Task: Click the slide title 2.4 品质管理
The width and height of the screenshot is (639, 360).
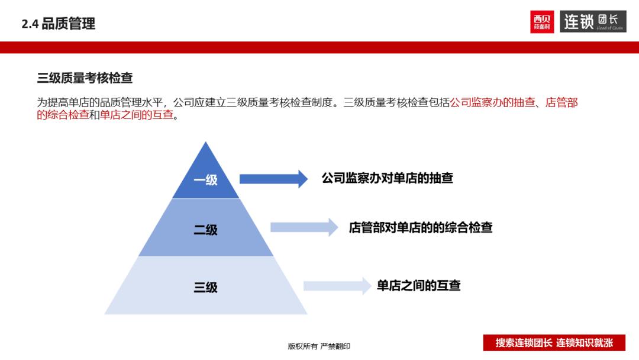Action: click(58, 24)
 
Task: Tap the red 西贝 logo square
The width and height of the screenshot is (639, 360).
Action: click(542, 22)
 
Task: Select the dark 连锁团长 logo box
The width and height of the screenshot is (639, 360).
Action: click(592, 22)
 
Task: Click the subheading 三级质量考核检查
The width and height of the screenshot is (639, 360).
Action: click(85, 78)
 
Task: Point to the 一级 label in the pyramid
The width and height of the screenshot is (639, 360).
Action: click(206, 180)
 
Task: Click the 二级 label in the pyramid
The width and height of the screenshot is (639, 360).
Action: click(206, 230)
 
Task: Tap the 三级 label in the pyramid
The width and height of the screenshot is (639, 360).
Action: click(206, 288)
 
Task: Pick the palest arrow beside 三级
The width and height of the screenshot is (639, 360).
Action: click(336, 286)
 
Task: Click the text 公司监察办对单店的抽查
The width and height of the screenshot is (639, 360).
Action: click(388, 178)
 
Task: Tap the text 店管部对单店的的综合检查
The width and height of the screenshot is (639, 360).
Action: click(421, 227)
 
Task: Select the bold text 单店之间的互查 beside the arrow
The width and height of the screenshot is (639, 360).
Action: click(418, 286)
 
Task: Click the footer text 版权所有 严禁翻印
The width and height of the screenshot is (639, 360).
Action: click(319, 346)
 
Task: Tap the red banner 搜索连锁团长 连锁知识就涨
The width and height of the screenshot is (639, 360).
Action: click(554, 343)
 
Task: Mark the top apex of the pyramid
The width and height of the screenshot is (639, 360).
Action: click(206, 143)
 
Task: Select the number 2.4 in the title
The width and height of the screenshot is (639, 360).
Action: click(30, 24)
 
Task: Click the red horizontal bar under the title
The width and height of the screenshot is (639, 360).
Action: click(319, 47)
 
